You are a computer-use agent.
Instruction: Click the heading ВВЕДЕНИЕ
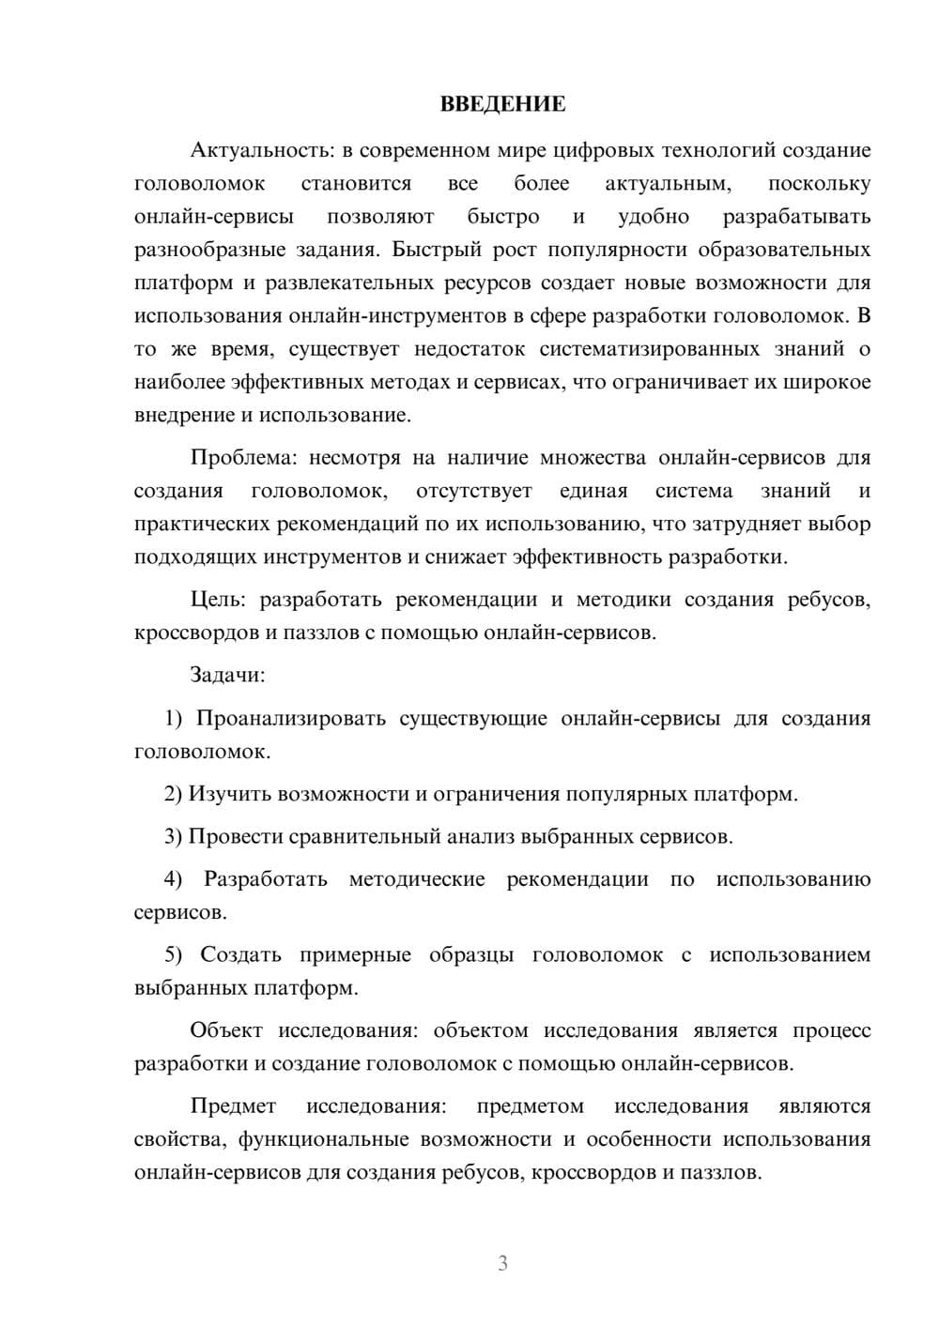point(502,104)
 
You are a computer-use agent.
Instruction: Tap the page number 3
point(502,1263)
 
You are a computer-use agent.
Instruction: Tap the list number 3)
point(173,837)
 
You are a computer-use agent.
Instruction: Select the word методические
point(417,879)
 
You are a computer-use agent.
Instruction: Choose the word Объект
point(226,1030)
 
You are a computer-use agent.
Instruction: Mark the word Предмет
point(233,1106)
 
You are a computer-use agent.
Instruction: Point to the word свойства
point(180,1139)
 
